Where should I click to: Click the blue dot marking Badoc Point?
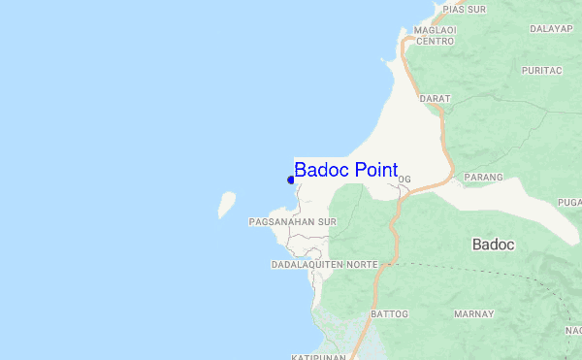pyautogui.click(x=291, y=180)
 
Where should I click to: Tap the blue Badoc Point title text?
pyautogui.click(x=345, y=171)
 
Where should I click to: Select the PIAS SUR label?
pyautogui.click(x=463, y=9)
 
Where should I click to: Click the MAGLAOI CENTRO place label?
pyautogui.click(x=435, y=36)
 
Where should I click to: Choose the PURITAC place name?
pyautogui.click(x=541, y=71)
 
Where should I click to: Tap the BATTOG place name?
pyautogui.click(x=388, y=314)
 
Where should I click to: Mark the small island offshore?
pyautogui.click(x=227, y=203)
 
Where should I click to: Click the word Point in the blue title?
pyautogui.click(x=375, y=171)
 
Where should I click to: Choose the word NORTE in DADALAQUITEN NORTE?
pyautogui.click(x=362, y=265)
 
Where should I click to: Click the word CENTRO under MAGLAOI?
pyautogui.click(x=435, y=42)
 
